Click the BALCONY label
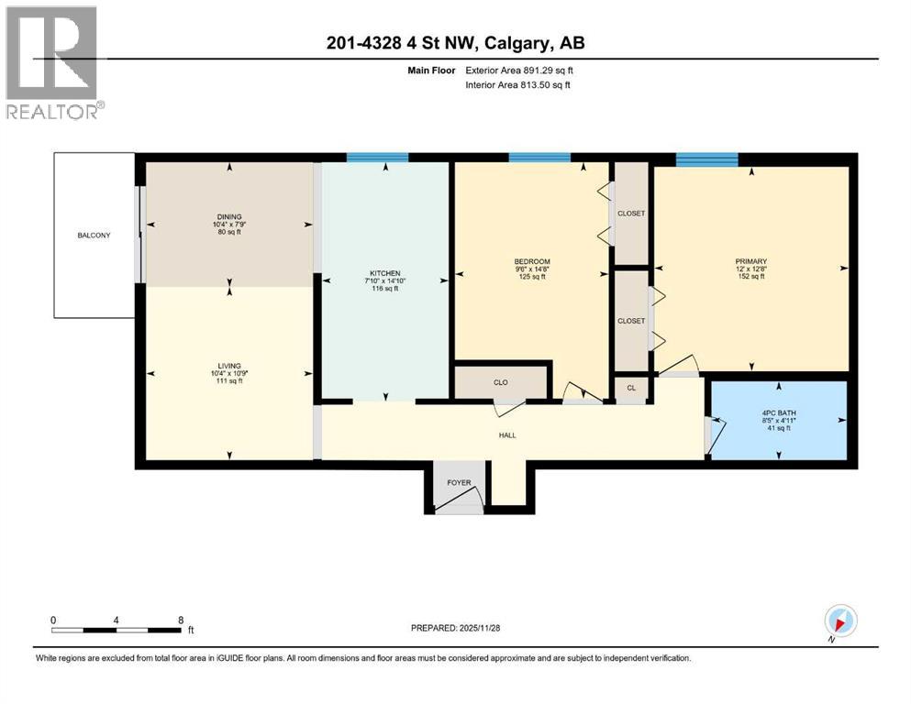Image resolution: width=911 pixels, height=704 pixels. tap(94, 236)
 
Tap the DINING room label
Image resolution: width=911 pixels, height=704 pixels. tap(229, 217)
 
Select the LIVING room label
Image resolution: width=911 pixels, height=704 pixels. tap(229, 366)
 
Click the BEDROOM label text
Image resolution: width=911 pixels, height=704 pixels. tap(531, 261)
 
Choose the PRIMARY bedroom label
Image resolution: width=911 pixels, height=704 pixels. tap(750, 261)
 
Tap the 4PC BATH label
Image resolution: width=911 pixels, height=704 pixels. tap(778, 412)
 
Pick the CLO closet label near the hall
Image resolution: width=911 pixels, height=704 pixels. tap(500, 382)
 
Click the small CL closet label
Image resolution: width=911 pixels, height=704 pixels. tap(631, 388)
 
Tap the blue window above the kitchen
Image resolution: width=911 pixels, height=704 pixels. tap(378, 158)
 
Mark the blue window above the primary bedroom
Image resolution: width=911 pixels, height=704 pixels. tap(706, 158)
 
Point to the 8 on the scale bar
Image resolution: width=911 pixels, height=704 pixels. tap(180, 620)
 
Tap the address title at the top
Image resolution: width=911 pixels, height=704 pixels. tap(455, 42)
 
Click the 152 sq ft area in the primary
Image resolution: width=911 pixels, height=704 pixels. tap(750, 278)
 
